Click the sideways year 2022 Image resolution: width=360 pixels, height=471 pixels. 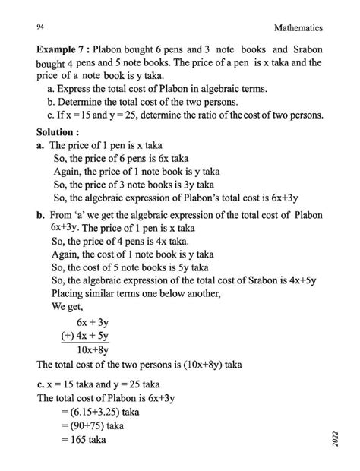[335, 442]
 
